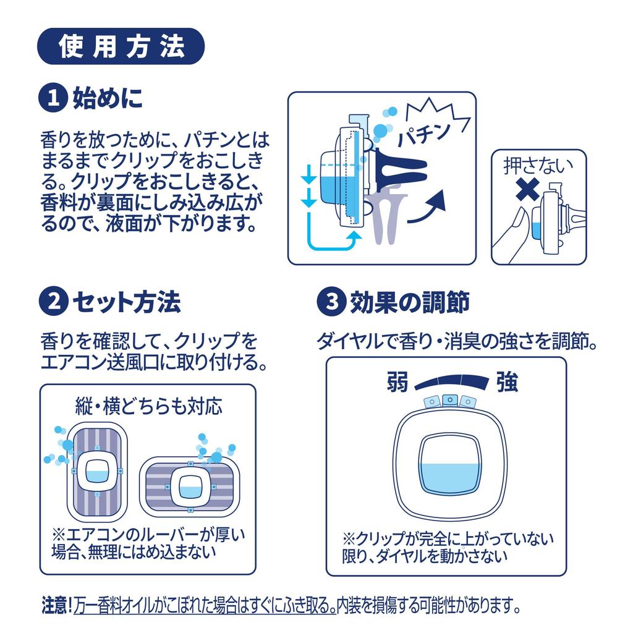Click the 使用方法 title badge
[121, 46]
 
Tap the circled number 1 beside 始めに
[53, 98]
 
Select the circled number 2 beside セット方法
[53, 301]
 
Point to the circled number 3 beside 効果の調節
[331, 301]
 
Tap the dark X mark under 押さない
[528, 189]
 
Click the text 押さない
[538, 166]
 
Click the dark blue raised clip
[400, 166]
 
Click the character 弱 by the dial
[397, 381]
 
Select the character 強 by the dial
[507, 381]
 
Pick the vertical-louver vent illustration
[97, 472]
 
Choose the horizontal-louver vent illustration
[190, 486]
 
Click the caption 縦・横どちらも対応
[148, 406]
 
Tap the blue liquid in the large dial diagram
[450, 478]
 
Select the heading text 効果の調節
[409, 302]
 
